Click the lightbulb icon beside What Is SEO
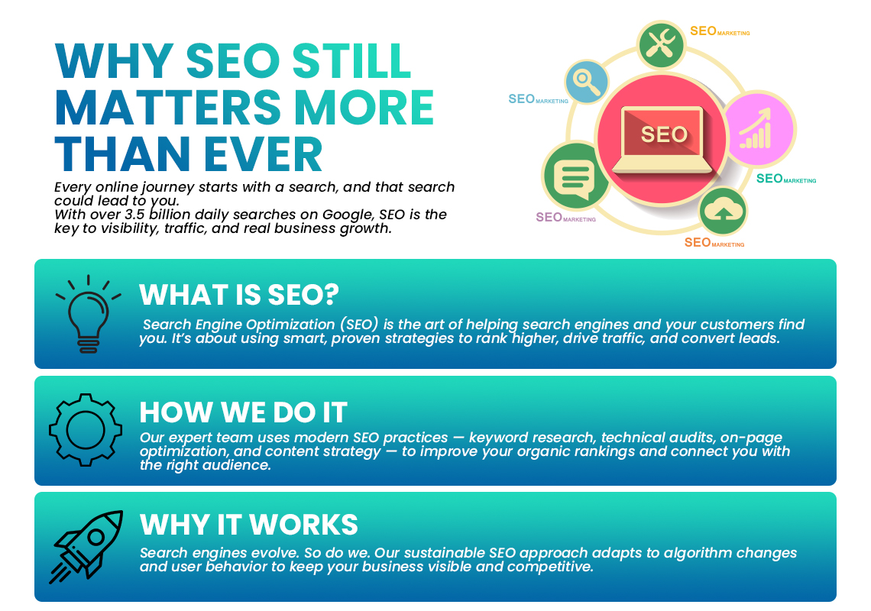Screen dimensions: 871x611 point(89,314)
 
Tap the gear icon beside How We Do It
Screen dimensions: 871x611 point(86,430)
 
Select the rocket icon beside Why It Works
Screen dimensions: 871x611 point(86,547)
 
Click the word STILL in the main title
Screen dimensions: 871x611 point(351,61)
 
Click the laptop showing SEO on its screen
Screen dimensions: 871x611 point(662,140)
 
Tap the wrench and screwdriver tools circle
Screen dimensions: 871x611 point(661,45)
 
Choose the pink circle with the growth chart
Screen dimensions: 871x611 point(759,129)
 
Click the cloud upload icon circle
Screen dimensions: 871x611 point(723,211)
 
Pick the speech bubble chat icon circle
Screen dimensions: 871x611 point(575,176)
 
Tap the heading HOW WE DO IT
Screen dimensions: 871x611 point(243,412)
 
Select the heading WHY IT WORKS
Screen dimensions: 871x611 point(249,525)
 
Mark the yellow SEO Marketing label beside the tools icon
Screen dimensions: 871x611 point(720,31)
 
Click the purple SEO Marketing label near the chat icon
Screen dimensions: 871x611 point(565,217)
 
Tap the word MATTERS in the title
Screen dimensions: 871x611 point(168,107)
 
